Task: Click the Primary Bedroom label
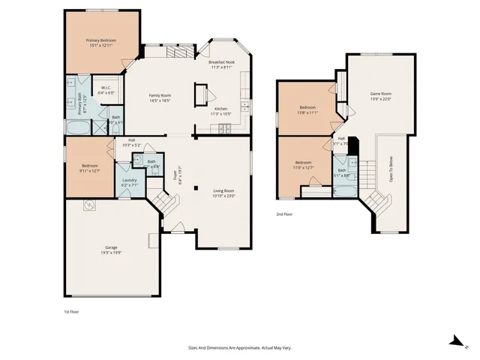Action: pyautogui.click(x=100, y=40)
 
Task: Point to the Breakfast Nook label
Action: pyautogui.click(x=221, y=63)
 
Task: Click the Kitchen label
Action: pyautogui.click(x=221, y=109)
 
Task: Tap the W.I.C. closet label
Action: pyautogui.click(x=106, y=88)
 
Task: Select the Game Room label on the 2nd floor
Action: pyautogui.click(x=381, y=94)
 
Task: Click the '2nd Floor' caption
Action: pyautogui.click(x=285, y=214)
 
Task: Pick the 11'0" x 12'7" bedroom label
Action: pyautogui.click(x=303, y=163)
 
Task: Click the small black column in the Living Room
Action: pyautogui.click(x=196, y=188)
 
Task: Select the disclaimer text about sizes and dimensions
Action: pyautogui.click(x=239, y=347)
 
